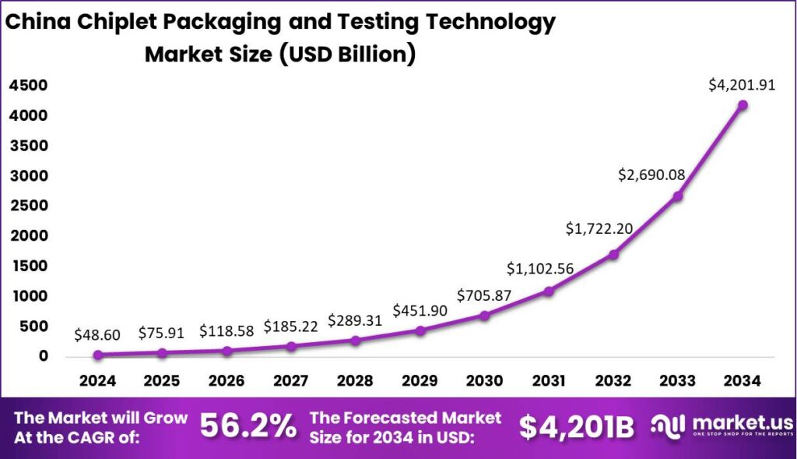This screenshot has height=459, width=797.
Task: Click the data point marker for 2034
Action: pyautogui.click(x=743, y=104)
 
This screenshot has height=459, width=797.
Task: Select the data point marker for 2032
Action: pyautogui.click(x=613, y=254)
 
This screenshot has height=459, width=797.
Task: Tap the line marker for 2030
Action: pyautogui.click(x=484, y=316)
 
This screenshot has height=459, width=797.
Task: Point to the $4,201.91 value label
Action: pyautogui.click(x=742, y=85)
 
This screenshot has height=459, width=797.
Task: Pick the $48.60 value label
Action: pyautogui.click(x=97, y=335)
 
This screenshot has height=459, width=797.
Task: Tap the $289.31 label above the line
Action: pyautogui.click(x=355, y=320)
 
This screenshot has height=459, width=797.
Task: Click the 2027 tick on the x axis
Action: pyautogui.click(x=290, y=381)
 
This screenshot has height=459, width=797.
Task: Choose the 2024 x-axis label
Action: pyautogui.click(x=97, y=381)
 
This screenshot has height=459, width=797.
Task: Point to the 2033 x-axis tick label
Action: pyautogui.click(x=678, y=381)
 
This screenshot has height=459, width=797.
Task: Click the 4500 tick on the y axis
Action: pyautogui.click(x=28, y=86)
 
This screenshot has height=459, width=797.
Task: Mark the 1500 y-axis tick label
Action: pyautogui.click(x=28, y=266)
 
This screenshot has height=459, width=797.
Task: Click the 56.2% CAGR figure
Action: pyautogui.click(x=248, y=426)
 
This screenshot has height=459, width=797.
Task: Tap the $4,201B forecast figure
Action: pyautogui.click(x=576, y=426)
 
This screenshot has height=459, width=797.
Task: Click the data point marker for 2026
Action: pyautogui.click(x=226, y=351)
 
